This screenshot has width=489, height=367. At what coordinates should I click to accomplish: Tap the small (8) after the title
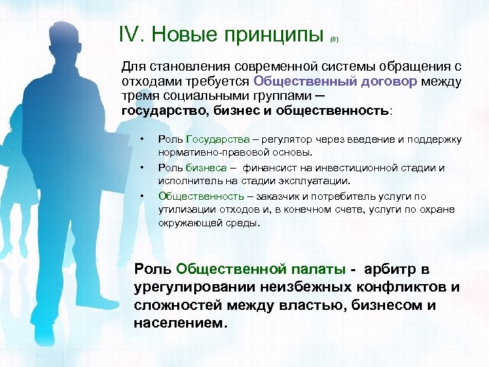click(x=333, y=40)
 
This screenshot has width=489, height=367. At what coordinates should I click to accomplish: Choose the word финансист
click(x=270, y=167)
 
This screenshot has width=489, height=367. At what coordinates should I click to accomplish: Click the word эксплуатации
click(x=319, y=181)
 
